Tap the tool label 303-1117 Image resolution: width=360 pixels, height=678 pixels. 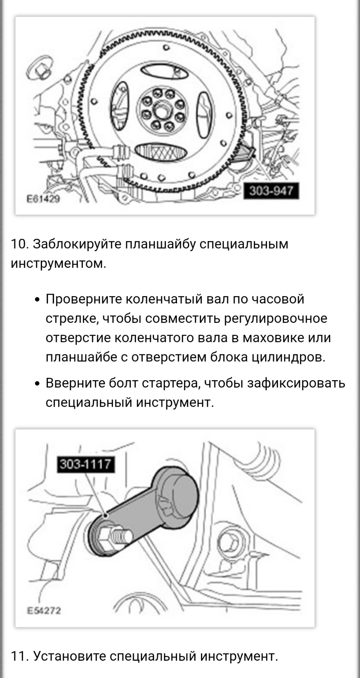coord(86,464)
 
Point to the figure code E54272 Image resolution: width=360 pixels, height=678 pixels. coord(44,611)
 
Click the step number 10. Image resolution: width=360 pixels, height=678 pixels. coord(19,244)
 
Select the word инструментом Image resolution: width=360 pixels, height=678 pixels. coord(58,264)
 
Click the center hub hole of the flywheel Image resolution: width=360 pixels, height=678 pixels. coord(162,110)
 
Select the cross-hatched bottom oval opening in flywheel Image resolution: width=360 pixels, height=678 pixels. coord(161,152)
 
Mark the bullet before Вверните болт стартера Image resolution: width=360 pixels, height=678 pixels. coord(37,384)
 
